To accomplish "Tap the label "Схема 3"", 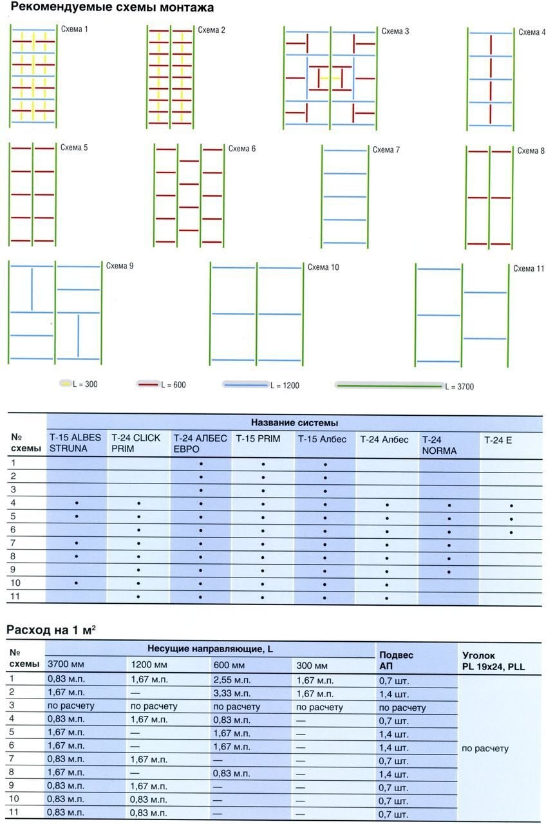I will coord(395,31).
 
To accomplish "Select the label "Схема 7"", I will coord(386,150).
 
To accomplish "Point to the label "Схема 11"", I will coord(529,268).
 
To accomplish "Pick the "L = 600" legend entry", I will coord(171,385).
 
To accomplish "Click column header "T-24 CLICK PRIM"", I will coord(131,444).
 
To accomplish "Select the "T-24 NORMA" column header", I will coord(440,445).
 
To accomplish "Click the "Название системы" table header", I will coord(295,423).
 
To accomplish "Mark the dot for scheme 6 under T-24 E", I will coord(511,532).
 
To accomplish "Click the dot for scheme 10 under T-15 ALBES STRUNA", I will coord(77,583).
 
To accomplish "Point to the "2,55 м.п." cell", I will coord(229,680).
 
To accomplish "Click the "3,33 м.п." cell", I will coord(229,693).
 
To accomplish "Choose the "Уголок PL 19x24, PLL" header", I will coord(493,661).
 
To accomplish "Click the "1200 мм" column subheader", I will coord(148,666).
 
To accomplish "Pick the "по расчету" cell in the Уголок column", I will coord(485,749).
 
